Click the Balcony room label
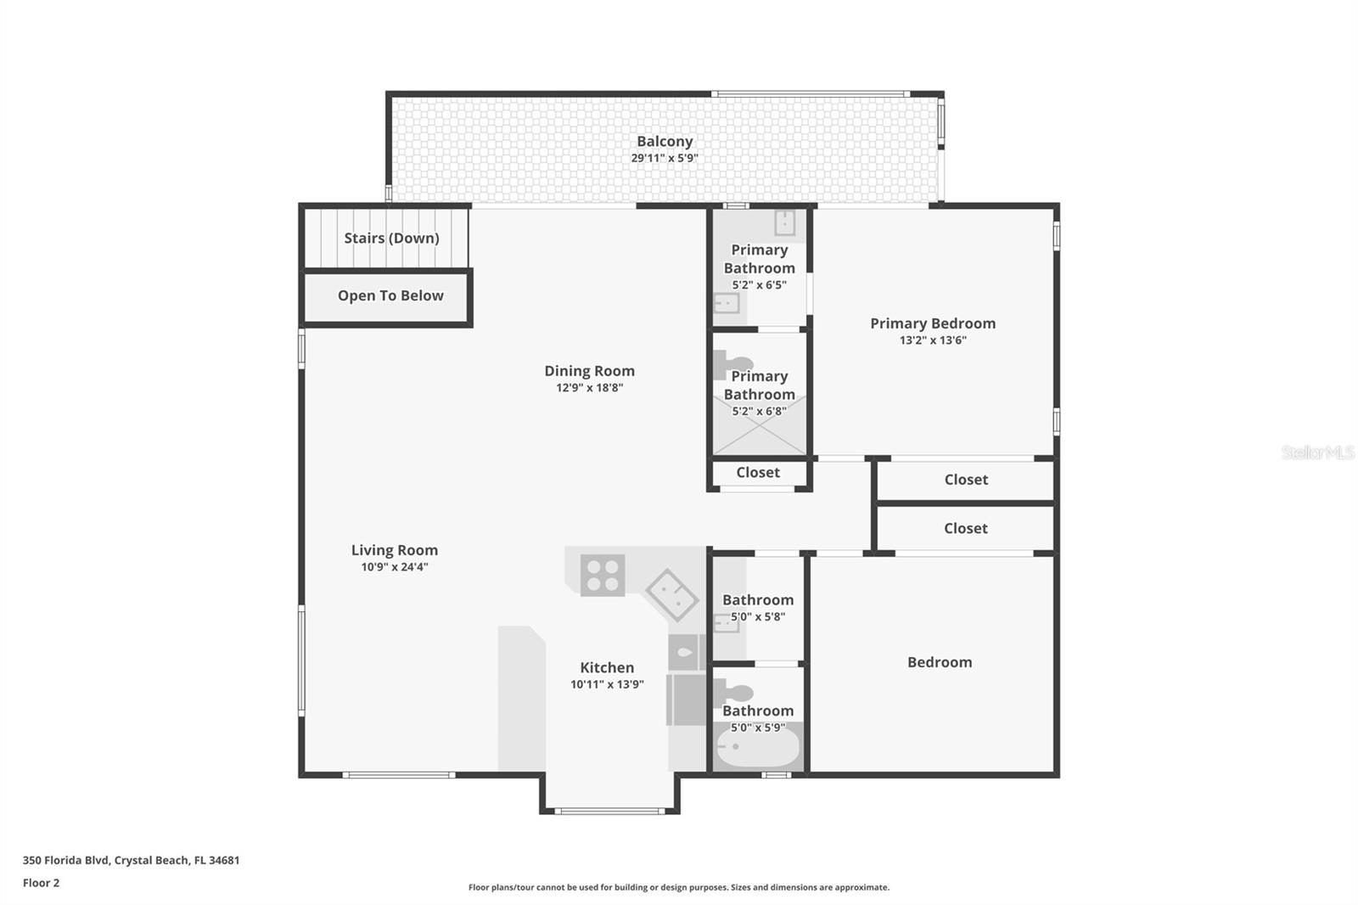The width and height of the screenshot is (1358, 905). click(665, 141)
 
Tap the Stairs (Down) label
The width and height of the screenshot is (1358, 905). click(391, 238)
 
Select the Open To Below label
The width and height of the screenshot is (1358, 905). click(390, 295)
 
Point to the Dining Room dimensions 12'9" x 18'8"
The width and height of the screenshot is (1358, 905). click(590, 388)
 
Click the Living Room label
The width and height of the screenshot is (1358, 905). click(395, 550)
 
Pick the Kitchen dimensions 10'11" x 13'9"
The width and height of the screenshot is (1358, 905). click(607, 684)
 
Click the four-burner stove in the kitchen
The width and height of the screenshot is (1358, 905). click(603, 575)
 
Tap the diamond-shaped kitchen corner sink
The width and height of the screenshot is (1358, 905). click(672, 595)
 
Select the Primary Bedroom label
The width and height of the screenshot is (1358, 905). click(933, 323)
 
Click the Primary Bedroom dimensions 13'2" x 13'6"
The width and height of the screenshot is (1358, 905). click(933, 340)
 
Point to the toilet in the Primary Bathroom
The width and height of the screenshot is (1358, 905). click(731, 364)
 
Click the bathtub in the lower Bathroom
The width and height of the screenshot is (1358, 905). click(758, 747)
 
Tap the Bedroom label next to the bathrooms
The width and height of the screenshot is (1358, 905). click(940, 661)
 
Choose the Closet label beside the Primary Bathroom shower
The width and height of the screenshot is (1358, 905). click(758, 473)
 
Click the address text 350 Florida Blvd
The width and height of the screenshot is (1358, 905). click(66, 860)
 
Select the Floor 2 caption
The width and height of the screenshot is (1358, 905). click(42, 883)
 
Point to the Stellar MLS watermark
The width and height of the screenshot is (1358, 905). click(1318, 452)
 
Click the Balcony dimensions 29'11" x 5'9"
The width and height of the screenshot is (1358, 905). click(665, 158)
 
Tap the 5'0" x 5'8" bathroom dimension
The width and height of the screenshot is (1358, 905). click(758, 617)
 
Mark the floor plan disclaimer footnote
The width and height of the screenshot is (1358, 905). click(679, 887)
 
